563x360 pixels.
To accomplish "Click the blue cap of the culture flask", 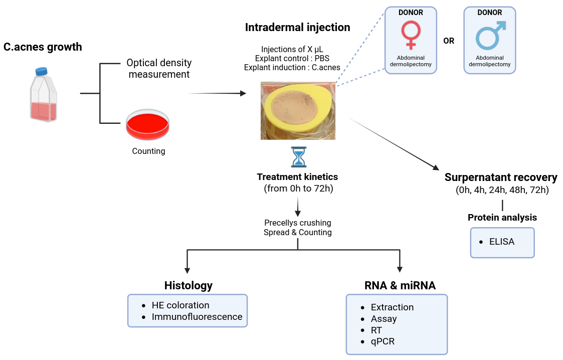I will click(41, 71).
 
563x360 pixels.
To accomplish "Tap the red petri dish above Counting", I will click(147, 125).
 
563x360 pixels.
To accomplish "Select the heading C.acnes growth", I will click(43, 47).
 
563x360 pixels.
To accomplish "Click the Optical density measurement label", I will click(159, 69).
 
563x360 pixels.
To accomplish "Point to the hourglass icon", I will click(298, 157).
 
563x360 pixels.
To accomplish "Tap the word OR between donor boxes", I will click(449, 41).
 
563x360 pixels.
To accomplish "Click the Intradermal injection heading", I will click(297, 27).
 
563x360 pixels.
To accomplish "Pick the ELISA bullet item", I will click(502, 242).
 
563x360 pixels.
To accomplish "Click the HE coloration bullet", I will click(180, 305).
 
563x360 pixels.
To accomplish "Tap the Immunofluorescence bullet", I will click(197, 316).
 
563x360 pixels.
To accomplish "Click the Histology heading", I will click(189, 285).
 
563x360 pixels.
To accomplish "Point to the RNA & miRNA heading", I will click(400, 285).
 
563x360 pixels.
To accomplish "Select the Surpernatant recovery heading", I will click(501, 177).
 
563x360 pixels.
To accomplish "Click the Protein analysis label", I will click(502, 217).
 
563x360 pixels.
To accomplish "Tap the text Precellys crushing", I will click(297, 223).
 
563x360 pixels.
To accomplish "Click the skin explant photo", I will click(298, 110).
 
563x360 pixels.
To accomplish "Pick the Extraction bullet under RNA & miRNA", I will click(392, 307).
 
